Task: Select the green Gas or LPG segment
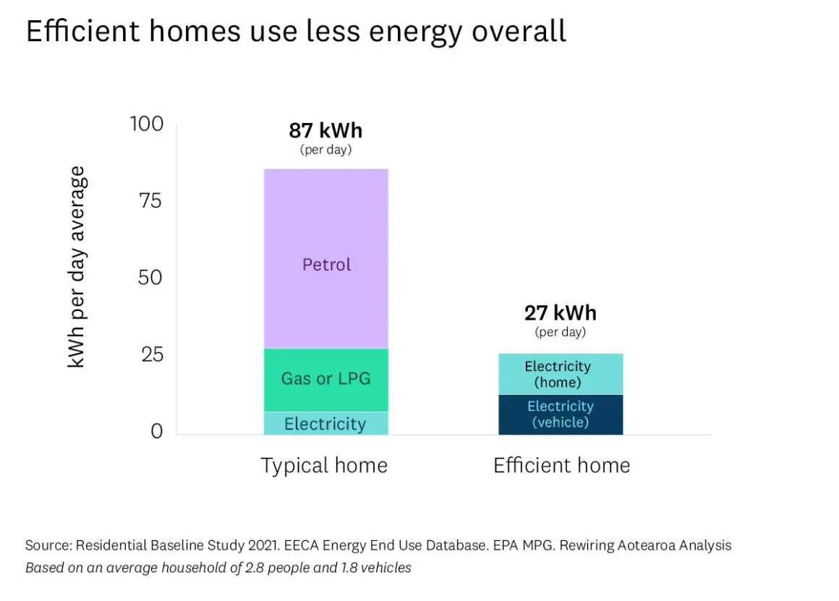tap(326, 379)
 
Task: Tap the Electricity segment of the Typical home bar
tap(325, 424)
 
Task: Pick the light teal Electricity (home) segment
tap(560, 375)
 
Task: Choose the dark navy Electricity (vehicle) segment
tap(560, 414)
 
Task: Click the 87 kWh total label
tap(325, 131)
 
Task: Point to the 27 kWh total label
tap(560, 313)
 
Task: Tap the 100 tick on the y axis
tap(147, 124)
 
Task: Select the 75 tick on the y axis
tap(150, 201)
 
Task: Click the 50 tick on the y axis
tap(150, 278)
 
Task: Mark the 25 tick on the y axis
tap(150, 354)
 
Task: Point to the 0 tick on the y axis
tap(157, 432)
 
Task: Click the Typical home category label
tap(324, 465)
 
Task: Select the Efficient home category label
tap(561, 465)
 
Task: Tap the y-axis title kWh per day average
tap(77, 267)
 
